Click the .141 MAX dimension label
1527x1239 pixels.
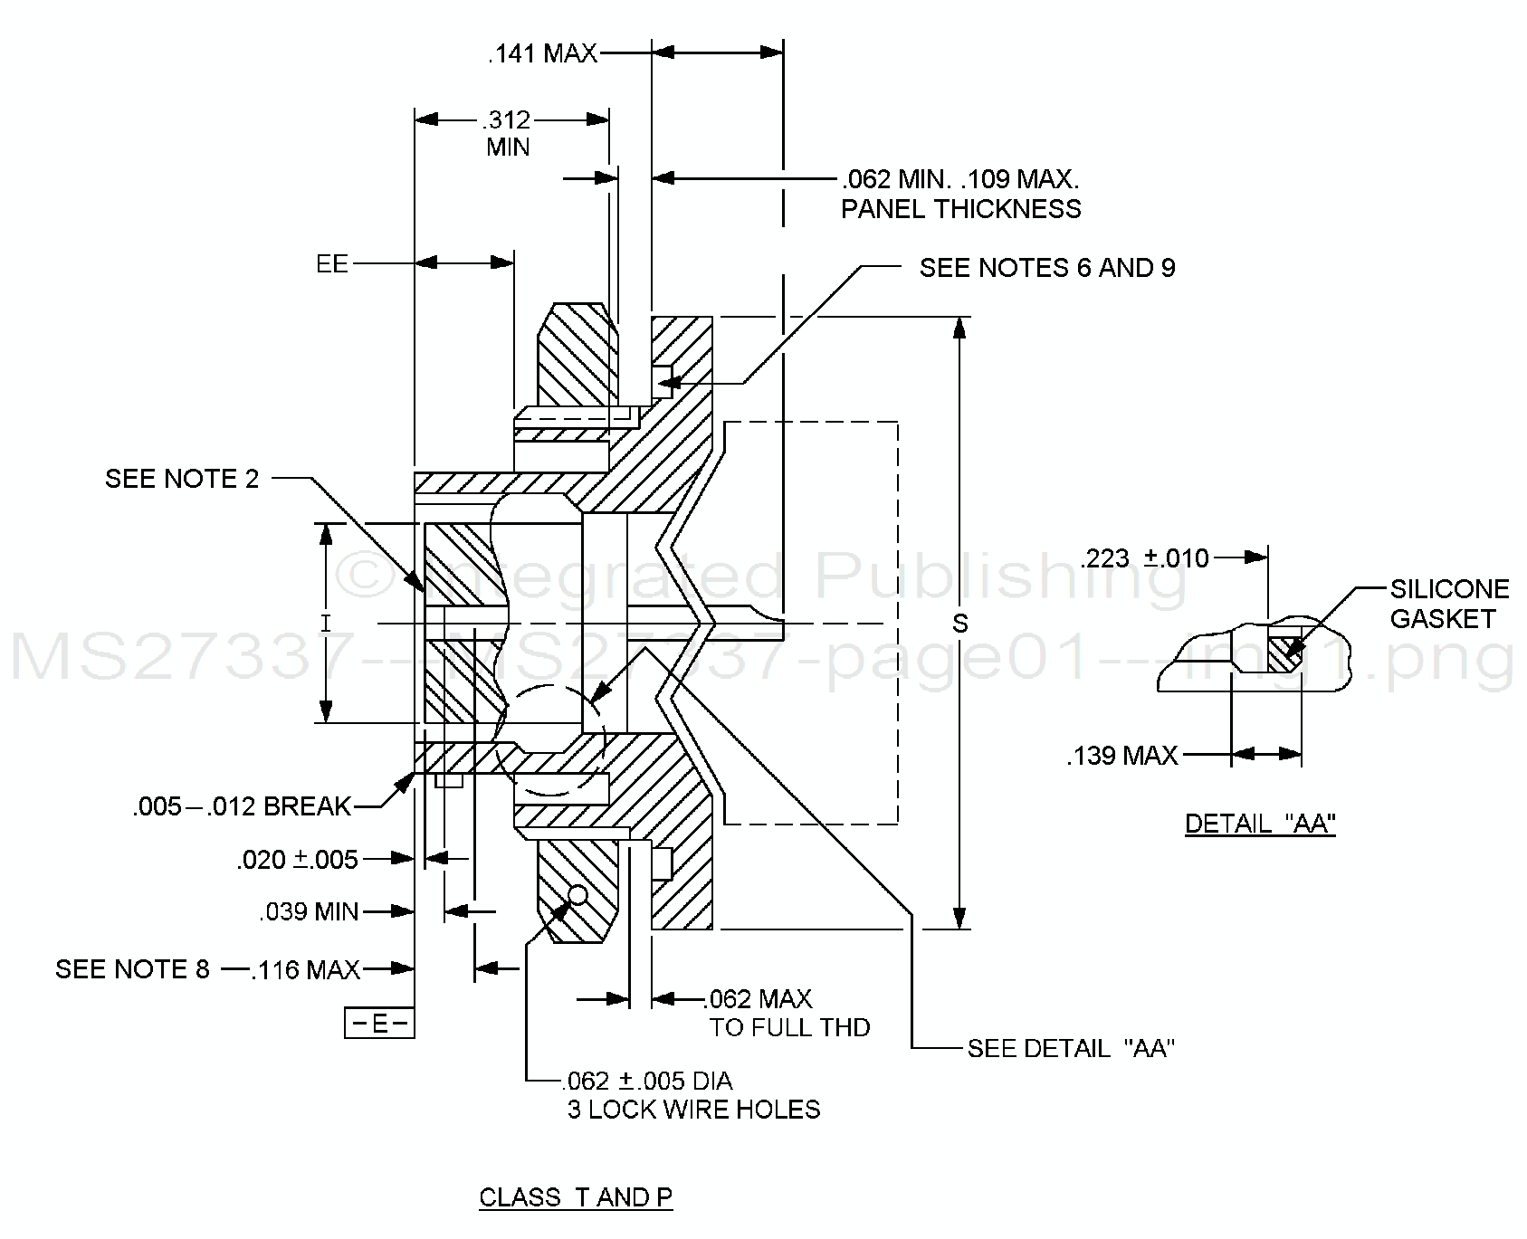pyautogui.click(x=542, y=54)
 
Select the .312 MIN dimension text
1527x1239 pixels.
pyautogui.click(x=507, y=133)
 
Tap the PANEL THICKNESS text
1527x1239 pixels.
pyautogui.click(x=960, y=209)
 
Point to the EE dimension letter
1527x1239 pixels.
pyautogui.click(x=331, y=263)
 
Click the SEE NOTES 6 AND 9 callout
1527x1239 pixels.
pyautogui.click(x=1047, y=268)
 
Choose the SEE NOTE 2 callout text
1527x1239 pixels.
pyautogui.click(x=182, y=478)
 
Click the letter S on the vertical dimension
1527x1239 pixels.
pyautogui.click(x=960, y=624)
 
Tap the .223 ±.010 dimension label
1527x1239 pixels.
pyautogui.click(x=1145, y=558)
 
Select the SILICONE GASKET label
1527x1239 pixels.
pyautogui.click(x=1448, y=604)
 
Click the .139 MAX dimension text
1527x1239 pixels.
pyautogui.click(x=1122, y=755)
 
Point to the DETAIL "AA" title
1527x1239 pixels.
pyautogui.click(x=1260, y=824)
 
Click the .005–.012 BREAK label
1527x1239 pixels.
pyautogui.click(x=242, y=806)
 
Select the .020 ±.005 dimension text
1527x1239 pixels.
pyautogui.click(x=298, y=859)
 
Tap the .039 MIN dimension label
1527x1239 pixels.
pyautogui.click(x=310, y=911)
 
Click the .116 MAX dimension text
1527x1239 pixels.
pyautogui.click(x=306, y=970)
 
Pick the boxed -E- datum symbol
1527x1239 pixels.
pyautogui.click(x=379, y=1024)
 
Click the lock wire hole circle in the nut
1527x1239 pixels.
pyautogui.click(x=577, y=895)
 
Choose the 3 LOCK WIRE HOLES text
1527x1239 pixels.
pyautogui.click(x=693, y=1110)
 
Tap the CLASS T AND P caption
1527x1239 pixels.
pyautogui.click(x=576, y=1197)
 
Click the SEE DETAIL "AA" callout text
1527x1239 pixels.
pyautogui.click(x=1071, y=1049)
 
